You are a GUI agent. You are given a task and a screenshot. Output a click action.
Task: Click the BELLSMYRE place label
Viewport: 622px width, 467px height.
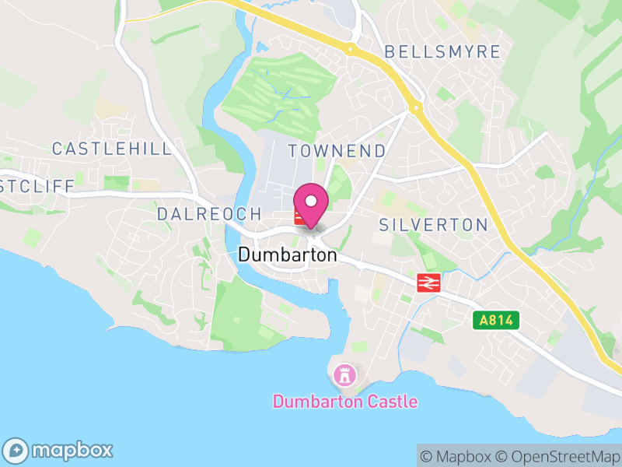pos(442,52)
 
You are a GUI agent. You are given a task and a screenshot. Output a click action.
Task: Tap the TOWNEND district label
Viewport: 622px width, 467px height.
pos(337,151)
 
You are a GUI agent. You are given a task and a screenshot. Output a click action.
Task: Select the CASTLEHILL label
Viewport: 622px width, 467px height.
pos(112,149)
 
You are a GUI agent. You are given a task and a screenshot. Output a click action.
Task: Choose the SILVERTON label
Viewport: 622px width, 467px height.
pos(433,225)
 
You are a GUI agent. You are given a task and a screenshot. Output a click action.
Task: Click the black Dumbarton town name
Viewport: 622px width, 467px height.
pos(288,255)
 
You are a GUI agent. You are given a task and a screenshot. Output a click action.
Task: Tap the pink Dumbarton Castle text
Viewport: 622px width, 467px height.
pos(344,402)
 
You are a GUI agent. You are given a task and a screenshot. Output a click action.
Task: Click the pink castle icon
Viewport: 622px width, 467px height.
pos(343,375)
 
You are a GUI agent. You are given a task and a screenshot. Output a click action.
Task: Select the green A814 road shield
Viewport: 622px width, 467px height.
pos(494,320)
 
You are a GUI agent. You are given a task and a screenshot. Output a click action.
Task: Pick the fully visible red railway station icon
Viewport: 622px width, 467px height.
pos(428,283)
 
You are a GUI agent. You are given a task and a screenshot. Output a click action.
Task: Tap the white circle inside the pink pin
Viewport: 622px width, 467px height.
pos(312,201)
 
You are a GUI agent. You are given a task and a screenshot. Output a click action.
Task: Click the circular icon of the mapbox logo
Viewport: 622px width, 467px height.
pos(16,450)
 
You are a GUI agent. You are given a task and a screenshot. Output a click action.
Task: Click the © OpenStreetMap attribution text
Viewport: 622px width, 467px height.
pos(557,456)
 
